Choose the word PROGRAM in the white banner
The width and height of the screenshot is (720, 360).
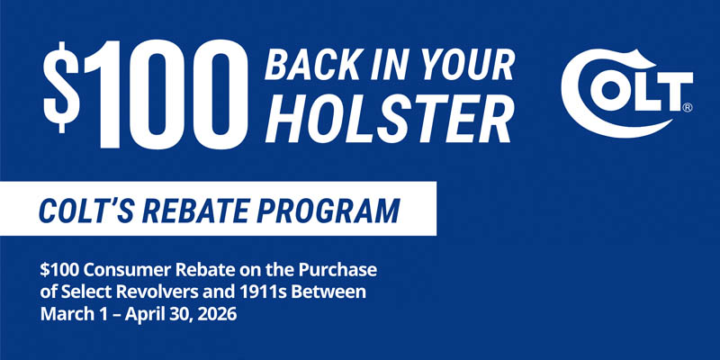pyautogui.click(x=332, y=212)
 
